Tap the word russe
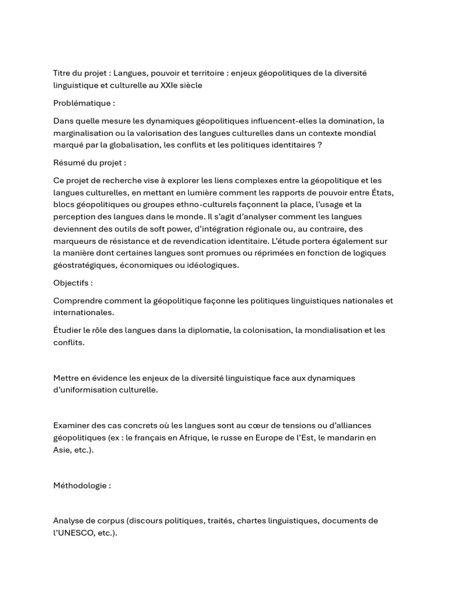click(x=234, y=438)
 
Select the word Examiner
click(x=73, y=425)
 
